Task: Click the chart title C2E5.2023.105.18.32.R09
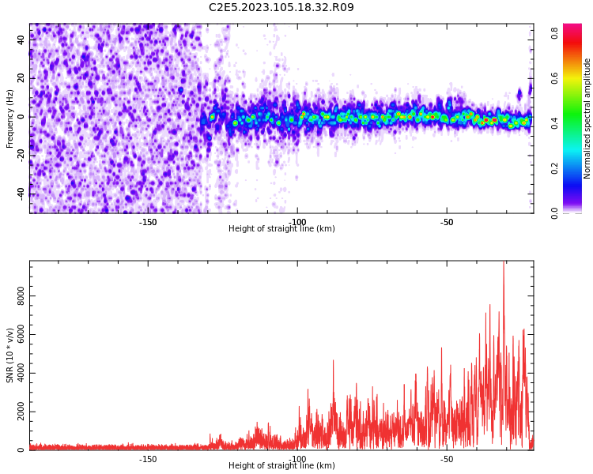tap(281, 8)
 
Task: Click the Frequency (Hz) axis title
tap(10, 118)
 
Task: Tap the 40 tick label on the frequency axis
tap(21, 40)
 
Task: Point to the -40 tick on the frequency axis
tap(21, 193)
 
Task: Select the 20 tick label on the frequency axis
tap(21, 78)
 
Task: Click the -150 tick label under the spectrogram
tap(148, 221)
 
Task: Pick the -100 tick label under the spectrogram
tap(297, 221)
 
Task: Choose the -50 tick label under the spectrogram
tap(446, 221)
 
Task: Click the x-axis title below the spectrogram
tap(281, 229)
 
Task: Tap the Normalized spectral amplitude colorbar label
tap(587, 118)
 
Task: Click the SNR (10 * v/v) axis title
tap(10, 355)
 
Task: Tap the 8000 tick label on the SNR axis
tap(21, 296)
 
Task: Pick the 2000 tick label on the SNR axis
tap(21, 412)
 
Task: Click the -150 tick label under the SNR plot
tap(148, 459)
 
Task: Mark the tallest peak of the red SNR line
tap(504, 263)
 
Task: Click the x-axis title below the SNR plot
tap(281, 466)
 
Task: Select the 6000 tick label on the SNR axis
tap(21, 335)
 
